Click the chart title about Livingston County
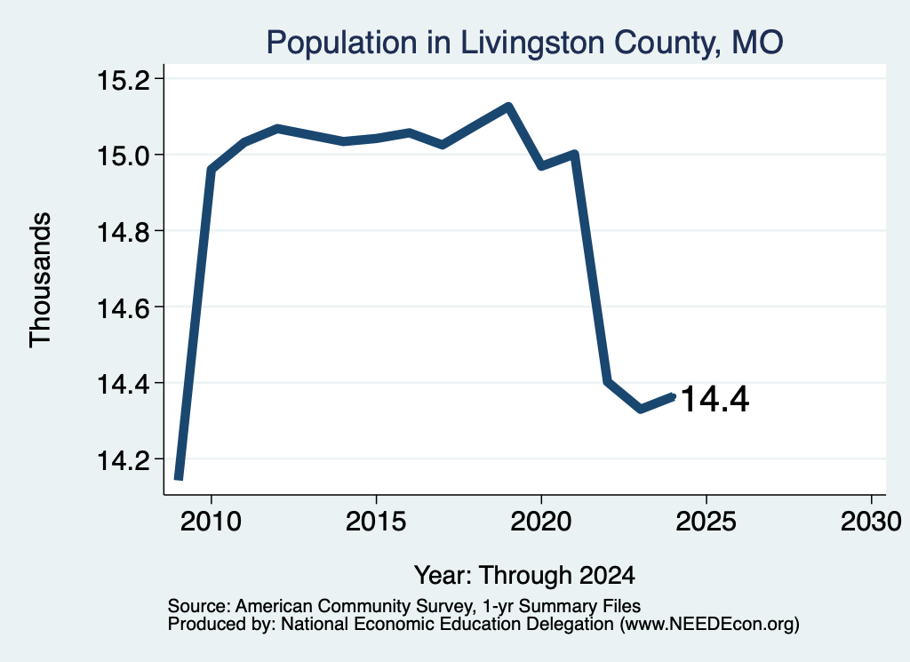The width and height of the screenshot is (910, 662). (x=524, y=43)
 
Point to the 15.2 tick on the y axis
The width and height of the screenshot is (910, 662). (x=122, y=80)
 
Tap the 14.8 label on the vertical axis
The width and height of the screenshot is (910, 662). (x=122, y=232)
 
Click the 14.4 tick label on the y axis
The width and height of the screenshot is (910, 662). (x=122, y=384)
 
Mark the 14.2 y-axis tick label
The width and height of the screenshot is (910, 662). (x=122, y=460)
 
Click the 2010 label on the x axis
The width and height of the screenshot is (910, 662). (x=211, y=521)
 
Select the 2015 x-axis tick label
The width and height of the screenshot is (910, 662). (x=376, y=521)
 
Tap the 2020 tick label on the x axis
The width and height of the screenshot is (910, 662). (x=541, y=521)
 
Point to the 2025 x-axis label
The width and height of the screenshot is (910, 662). (x=706, y=521)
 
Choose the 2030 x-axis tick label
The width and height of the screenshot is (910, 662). (x=871, y=521)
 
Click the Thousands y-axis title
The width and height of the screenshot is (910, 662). (x=40, y=280)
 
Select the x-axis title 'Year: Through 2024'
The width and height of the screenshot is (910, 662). (x=524, y=576)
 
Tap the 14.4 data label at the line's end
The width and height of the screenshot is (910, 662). (x=715, y=400)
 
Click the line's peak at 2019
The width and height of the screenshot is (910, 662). (x=508, y=106)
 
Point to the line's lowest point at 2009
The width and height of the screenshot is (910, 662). (x=179, y=478)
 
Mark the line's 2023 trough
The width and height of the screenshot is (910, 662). (x=641, y=409)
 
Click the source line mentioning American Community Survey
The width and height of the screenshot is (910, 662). (x=404, y=606)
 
